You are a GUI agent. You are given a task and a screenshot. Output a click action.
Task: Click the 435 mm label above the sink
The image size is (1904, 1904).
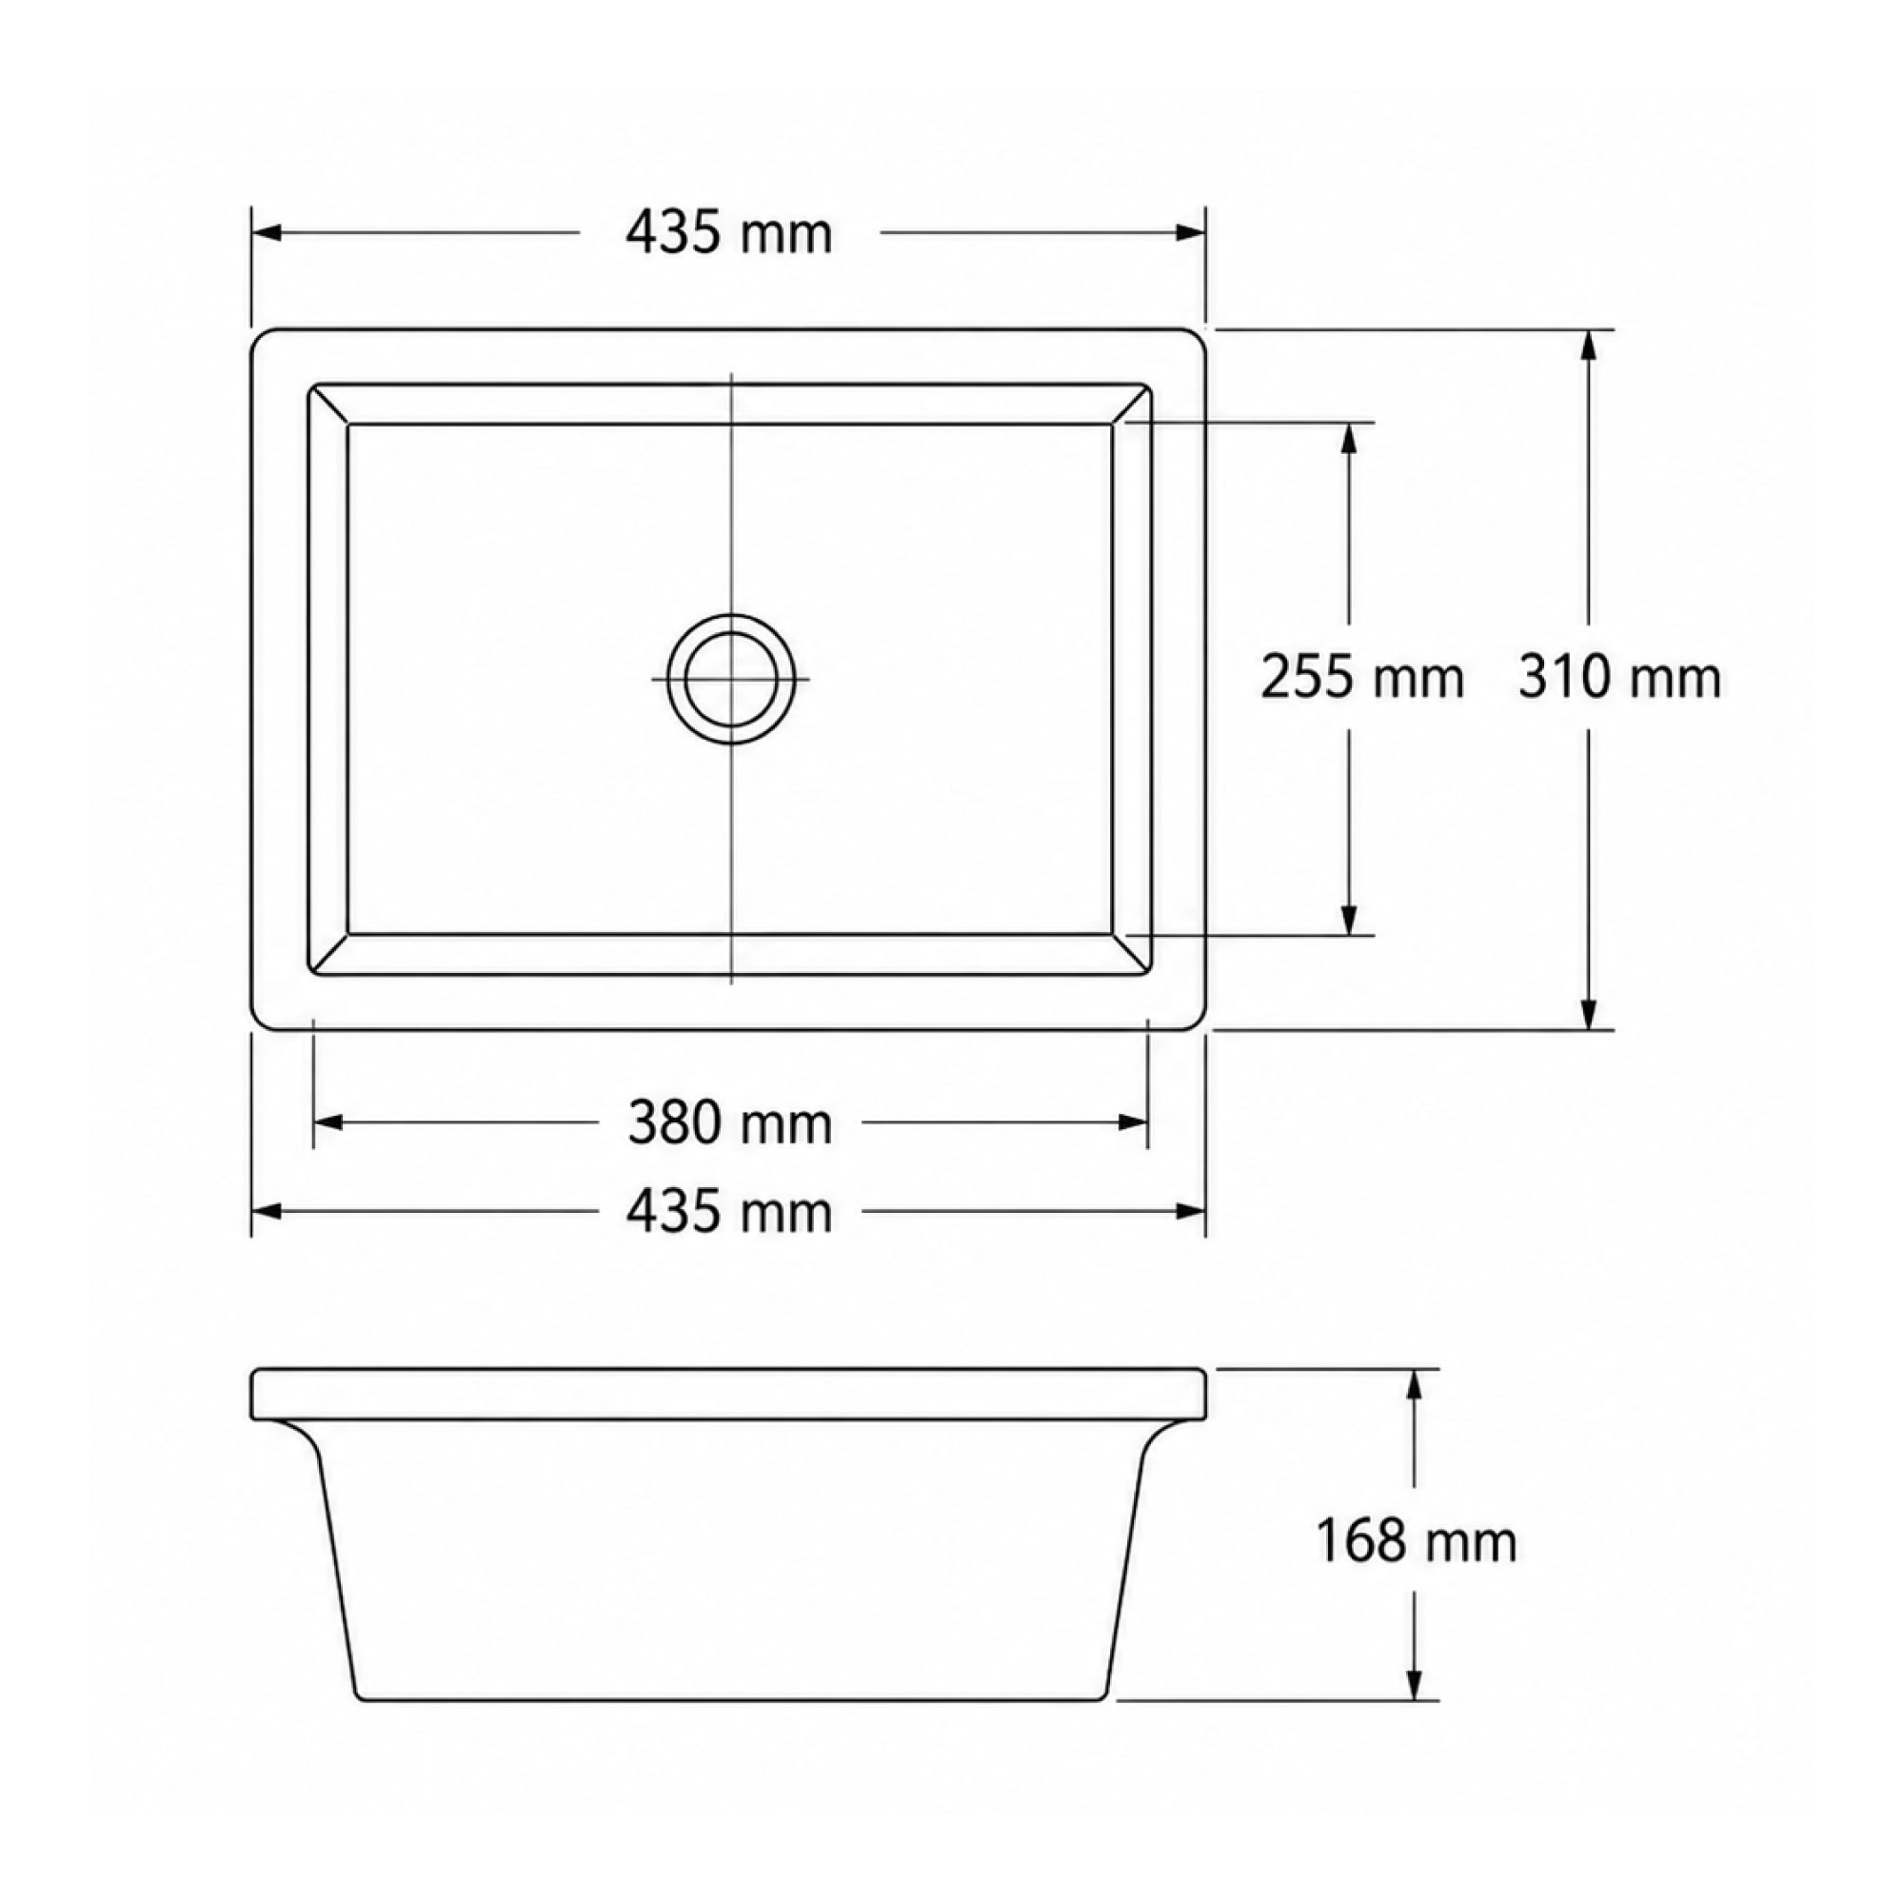pyautogui.click(x=729, y=233)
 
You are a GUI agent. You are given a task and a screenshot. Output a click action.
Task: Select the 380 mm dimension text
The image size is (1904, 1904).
pyautogui.click(x=730, y=1122)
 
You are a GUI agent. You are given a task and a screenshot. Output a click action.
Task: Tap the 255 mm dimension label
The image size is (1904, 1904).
pyautogui.click(x=1363, y=679)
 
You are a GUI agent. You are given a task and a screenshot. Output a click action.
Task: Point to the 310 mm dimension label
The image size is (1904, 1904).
pyautogui.click(x=1620, y=678)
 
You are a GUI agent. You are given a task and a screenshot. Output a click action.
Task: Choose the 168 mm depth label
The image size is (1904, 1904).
pyautogui.click(x=1417, y=1541)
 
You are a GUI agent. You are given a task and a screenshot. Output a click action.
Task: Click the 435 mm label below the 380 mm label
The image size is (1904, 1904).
pyautogui.click(x=729, y=1211)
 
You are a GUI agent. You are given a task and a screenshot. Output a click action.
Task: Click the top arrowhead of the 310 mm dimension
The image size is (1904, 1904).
pyautogui.click(x=1588, y=346)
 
